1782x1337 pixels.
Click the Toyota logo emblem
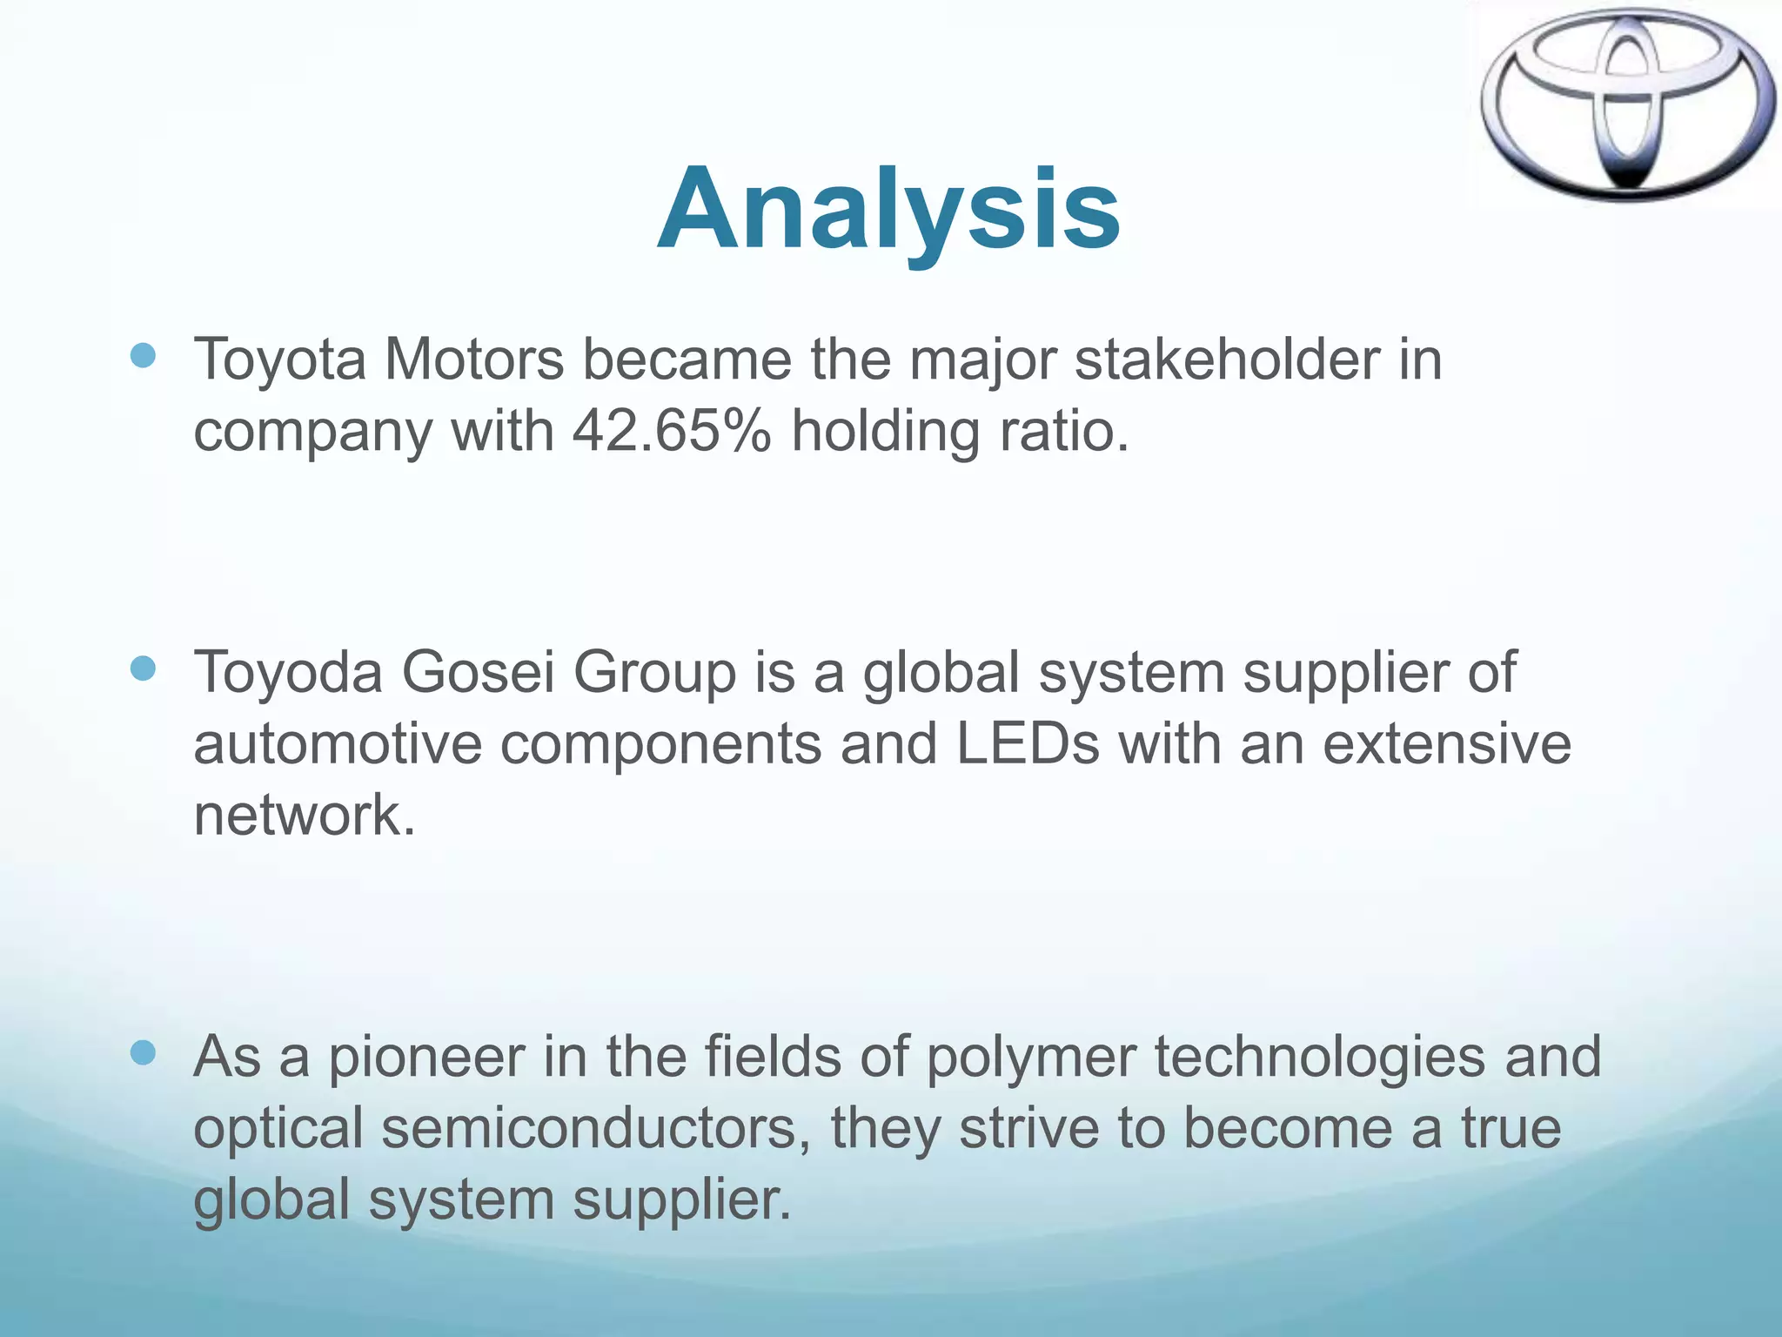pos(1627,104)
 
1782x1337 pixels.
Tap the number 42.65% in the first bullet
pos(671,431)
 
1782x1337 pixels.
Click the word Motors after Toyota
pos(474,359)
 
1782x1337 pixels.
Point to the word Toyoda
pos(287,673)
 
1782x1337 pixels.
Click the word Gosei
pos(477,673)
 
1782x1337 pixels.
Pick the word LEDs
pos(1028,744)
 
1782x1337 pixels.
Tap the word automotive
pos(338,744)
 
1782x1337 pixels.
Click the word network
pos(304,816)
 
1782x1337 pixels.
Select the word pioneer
pos(426,1058)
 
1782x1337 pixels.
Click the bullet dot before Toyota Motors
pos(143,355)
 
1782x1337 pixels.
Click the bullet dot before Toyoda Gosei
pos(143,668)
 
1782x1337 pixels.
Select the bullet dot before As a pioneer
pos(143,1054)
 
